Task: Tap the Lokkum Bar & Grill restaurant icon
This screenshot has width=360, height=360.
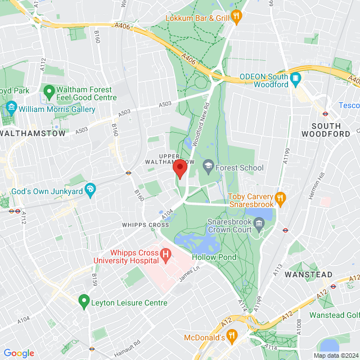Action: pyautogui.click(x=237, y=17)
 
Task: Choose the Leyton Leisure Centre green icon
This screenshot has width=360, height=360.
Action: pyautogui.click(x=84, y=301)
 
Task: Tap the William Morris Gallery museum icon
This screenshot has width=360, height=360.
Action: pyautogui.click(x=11, y=109)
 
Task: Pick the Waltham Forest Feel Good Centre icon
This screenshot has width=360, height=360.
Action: pyautogui.click(x=49, y=91)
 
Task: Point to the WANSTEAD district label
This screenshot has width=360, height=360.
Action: pyautogui.click(x=304, y=274)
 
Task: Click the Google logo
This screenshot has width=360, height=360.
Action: pyautogui.click(x=19, y=353)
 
